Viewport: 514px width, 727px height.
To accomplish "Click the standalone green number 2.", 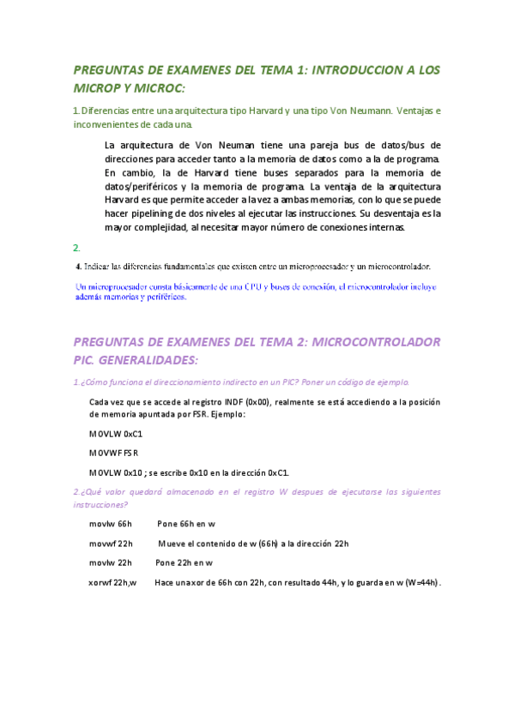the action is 76,247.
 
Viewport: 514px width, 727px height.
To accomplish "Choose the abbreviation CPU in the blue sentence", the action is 236,286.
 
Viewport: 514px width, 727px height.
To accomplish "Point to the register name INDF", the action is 233,402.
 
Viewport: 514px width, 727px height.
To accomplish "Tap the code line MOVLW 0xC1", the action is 116,434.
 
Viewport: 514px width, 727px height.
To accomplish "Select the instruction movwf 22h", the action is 111,543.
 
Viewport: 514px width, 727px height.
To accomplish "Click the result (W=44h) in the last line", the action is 421,583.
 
